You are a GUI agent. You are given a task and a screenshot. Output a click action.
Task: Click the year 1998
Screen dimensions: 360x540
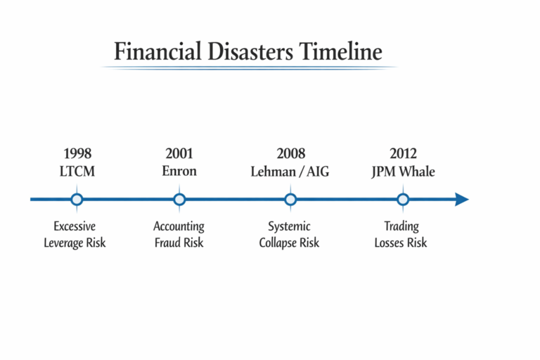pyautogui.click(x=77, y=153)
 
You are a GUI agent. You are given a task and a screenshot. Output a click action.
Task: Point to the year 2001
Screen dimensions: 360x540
pyautogui.click(x=179, y=153)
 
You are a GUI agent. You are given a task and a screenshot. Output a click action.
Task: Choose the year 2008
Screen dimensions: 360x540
pyautogui.click(x=290, y=153)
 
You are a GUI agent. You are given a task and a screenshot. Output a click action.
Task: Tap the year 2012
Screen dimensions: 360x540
pyautogui.click(x=403, y=153)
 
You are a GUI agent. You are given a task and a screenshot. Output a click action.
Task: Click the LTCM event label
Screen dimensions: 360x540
pyautogui.click(x=77, y=171)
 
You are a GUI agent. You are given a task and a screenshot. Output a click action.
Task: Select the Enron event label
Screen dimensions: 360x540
pyautogui.click(x=179, y=171)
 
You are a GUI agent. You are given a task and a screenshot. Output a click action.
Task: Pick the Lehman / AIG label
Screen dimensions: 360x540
pyautogui.click(x=290, y=171)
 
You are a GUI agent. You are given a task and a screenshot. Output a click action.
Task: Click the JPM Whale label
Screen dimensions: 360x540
pyautogui.click(x=403, y=171)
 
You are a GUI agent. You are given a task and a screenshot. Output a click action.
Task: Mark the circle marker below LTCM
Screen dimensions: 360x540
pyautogui.click(x=77, y=200)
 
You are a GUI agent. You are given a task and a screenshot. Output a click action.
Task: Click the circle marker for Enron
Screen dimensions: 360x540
pyautogui.click(x=179, y=200)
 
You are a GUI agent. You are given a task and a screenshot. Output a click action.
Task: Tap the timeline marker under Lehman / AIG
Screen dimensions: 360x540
pyautogui.click(x=290, y=200)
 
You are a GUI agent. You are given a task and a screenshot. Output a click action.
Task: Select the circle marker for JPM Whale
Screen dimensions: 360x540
pyautogui.click(x=403, y=200)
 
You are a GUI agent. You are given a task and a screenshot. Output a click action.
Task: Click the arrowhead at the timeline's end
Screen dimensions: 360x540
pyautogui.click(x=461, y=200)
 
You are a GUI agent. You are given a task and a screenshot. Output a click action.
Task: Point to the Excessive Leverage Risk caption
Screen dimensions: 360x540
pyautogui.click(x=75, y=235)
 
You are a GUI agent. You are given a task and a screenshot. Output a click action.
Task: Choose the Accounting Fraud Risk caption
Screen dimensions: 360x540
pyautogui.click(x=179, y=235)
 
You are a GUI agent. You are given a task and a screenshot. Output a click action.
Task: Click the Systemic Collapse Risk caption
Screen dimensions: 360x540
pyautogui.click(x=289, y=235)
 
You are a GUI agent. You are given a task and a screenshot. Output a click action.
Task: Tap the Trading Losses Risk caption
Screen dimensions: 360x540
pyautogui.click(x=401, y=235)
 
